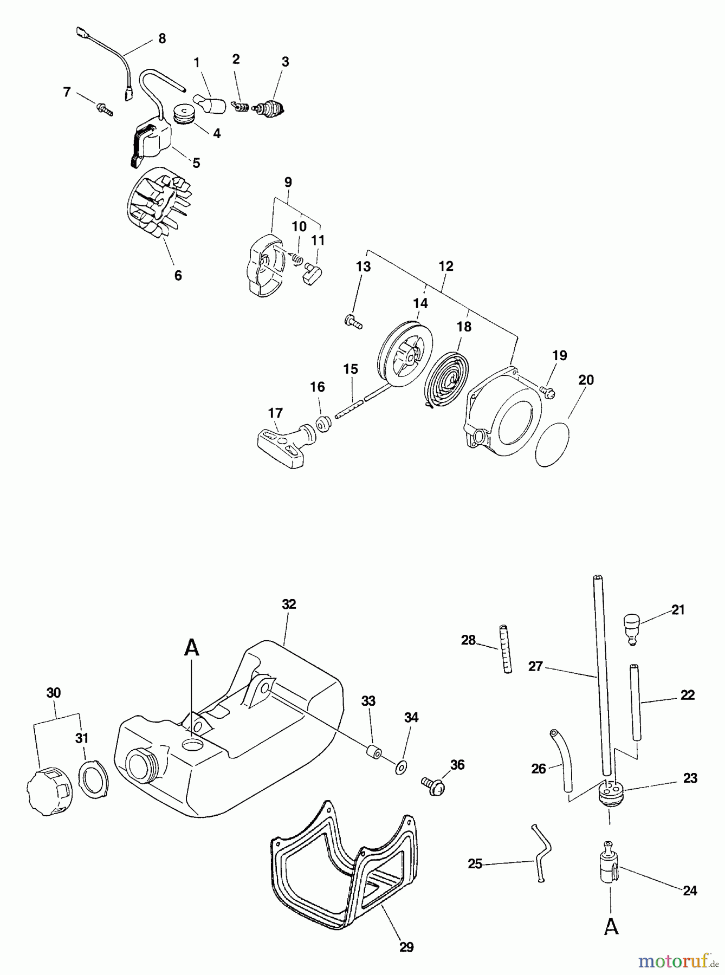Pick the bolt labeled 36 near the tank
point(433,785)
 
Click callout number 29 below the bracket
point(406,947)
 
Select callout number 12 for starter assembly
point(446,266)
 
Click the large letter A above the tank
point(192,647)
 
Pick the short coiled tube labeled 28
point(505,648)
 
